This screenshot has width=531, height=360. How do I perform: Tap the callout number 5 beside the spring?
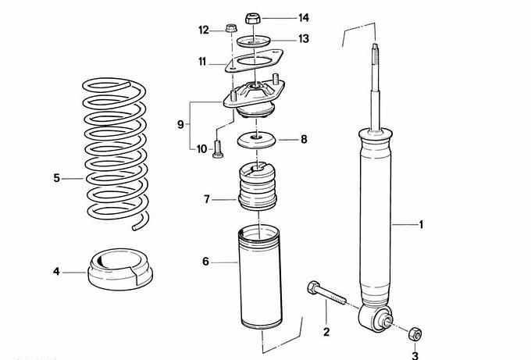point(56,178)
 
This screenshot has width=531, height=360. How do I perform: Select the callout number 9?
point(181,124)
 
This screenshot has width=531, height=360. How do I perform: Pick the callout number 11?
point(201,61)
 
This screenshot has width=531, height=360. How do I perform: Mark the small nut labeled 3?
point(415,334)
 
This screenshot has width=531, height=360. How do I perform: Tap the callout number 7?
point(207,199)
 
